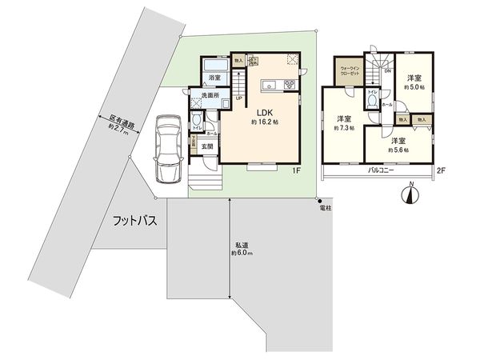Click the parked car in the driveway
(167, 148)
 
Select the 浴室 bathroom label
(214, 78)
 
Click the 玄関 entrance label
(207, 146)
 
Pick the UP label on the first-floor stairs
(239, 98)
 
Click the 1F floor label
(295, 170)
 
